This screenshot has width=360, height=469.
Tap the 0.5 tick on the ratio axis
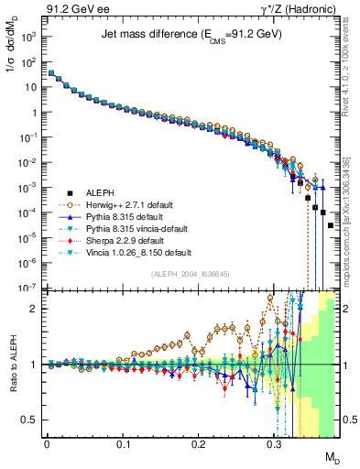tap(32, 420)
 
